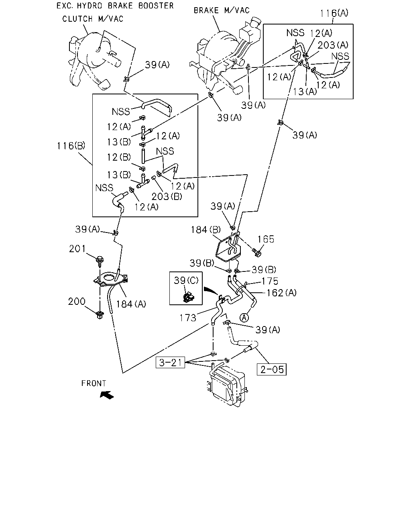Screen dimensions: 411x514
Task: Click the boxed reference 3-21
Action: coord(170,362)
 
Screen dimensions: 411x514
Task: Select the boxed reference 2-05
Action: coord(272,369)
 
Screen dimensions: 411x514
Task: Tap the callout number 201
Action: coord(77,249)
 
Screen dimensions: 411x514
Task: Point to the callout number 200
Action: coord(77,302)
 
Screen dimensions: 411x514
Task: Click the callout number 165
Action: coord(266,239)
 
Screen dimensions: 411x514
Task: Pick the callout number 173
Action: coord(188,318)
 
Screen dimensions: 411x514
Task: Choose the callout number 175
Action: coord(270,281)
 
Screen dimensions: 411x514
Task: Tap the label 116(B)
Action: coord(71,146)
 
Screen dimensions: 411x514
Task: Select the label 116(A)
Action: coord(334,13)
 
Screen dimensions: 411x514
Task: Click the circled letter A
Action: coord(244,318)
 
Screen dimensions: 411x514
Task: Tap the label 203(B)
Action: coord(167,197)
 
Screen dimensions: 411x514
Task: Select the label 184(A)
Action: coord(131,304)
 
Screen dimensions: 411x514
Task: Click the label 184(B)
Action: coord(205,230)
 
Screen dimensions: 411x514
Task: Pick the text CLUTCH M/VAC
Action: coord(93,19)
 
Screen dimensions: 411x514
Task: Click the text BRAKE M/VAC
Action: coord(222,10)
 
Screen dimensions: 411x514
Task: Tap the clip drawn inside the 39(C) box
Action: coord(189,297)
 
